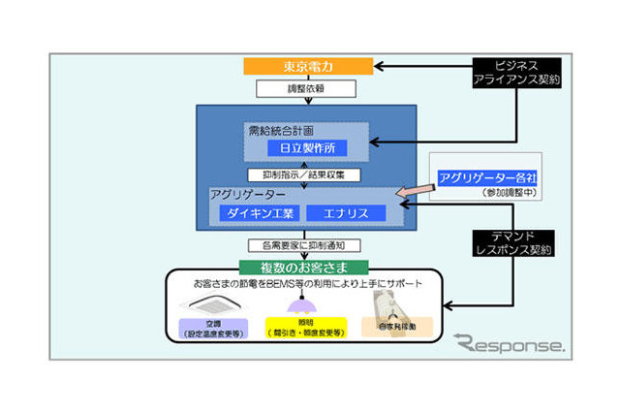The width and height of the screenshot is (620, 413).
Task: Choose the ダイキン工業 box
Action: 261,212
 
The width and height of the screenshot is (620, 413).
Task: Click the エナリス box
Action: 345,212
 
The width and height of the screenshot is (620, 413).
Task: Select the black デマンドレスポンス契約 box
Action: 521,242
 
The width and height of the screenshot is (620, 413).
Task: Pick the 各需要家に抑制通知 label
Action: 305,245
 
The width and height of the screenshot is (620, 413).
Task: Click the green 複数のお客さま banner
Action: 306,266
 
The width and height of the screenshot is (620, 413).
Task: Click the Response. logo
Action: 510,343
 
